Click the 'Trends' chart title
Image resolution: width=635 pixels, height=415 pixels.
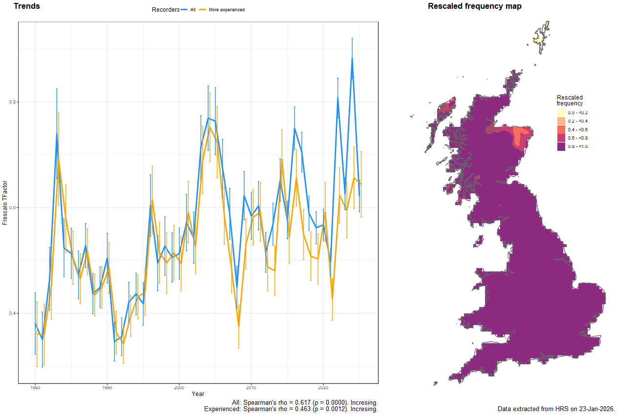[x=27, y=6]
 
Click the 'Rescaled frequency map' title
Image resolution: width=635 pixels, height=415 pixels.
[x=474, y=6]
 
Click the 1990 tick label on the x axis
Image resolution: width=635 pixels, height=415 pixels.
[x=107, y=388]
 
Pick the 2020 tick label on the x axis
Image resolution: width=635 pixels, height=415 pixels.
[x=323, y=388]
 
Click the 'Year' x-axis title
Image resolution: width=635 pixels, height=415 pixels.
[x=198, y=394]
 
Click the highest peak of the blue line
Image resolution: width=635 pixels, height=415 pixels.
[x=352, y=58]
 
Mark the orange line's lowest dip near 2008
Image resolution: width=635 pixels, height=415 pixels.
[x=239, y=327]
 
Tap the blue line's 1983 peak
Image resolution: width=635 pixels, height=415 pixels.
[x=57, y=133]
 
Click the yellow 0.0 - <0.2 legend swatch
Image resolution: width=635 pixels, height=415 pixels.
[x=561, y=113]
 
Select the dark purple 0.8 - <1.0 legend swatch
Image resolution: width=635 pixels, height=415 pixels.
[x=561, y=147]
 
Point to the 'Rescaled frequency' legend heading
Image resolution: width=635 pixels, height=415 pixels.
[x=570, y=101]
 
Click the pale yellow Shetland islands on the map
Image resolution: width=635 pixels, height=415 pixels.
[x=539, y=38]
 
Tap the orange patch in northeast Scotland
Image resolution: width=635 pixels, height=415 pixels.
[x=517, y=139]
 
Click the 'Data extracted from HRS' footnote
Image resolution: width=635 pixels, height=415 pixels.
[x=556, y=409]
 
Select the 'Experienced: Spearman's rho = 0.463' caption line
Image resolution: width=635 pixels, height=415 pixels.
[x=291, y=409]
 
